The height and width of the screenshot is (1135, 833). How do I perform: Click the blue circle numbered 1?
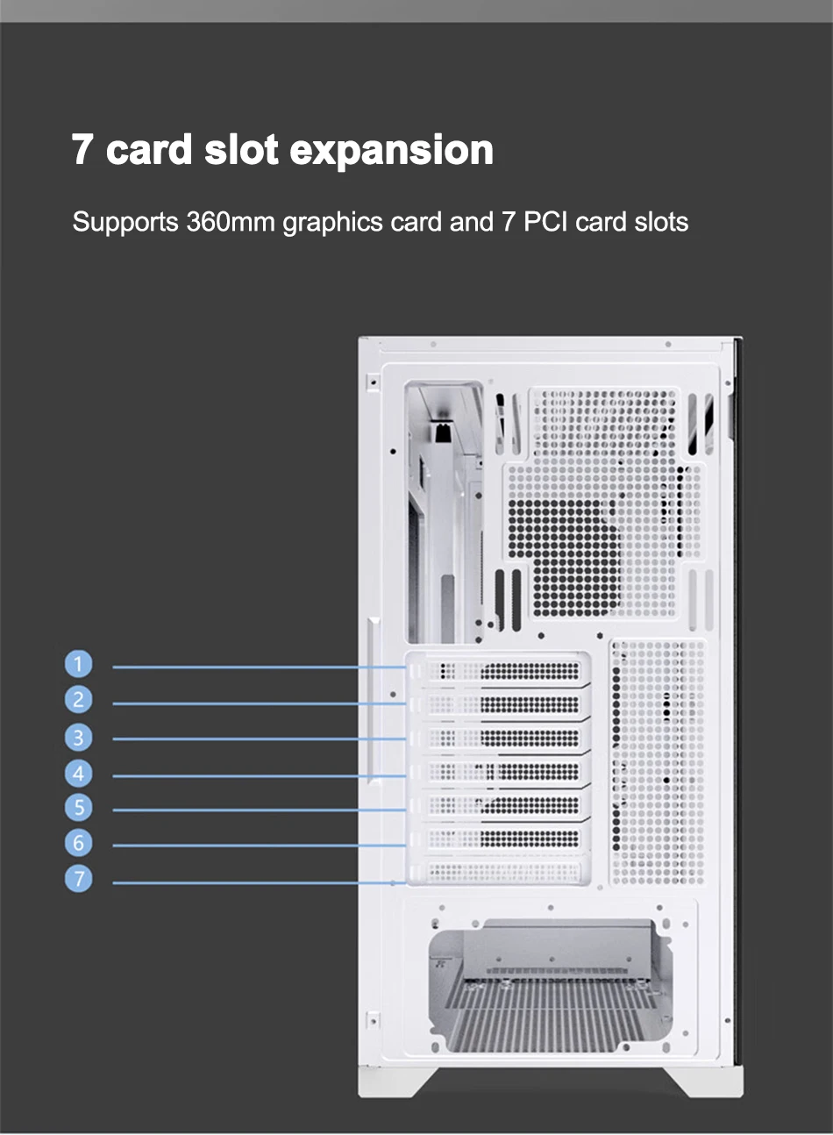click(x=79, y=664)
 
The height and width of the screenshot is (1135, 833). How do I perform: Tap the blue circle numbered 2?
click(x=79, y=700)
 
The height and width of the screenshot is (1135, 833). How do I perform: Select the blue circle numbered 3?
click(x=79, y=738)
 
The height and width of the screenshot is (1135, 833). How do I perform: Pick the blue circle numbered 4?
click(x=79, y=774)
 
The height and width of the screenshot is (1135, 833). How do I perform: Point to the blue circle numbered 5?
click(x=79, y=807)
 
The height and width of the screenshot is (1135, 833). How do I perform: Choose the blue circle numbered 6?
click(x=79, y=843)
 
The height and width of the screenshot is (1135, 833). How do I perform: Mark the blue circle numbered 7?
click(x=79, y=878)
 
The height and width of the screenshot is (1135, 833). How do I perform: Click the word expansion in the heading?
click(x=391, y=151)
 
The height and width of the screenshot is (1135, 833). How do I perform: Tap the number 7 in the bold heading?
click(x=82, y=149)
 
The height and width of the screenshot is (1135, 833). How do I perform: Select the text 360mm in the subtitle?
click(x=231, y=221)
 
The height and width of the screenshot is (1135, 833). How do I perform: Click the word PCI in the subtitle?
click(x=545, y=221)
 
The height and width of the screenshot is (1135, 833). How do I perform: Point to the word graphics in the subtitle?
click(x=332, y=223)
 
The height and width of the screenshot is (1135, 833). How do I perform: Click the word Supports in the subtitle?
click(x=125, y=223)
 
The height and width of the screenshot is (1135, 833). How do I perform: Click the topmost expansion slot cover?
click(x=497, y=671)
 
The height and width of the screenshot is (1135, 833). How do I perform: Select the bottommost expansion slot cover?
click(x=497, y=872)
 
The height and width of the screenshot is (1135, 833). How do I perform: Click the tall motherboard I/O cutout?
click(x=444, y=511)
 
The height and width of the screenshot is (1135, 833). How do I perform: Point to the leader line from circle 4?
click(x=259, y=775)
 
